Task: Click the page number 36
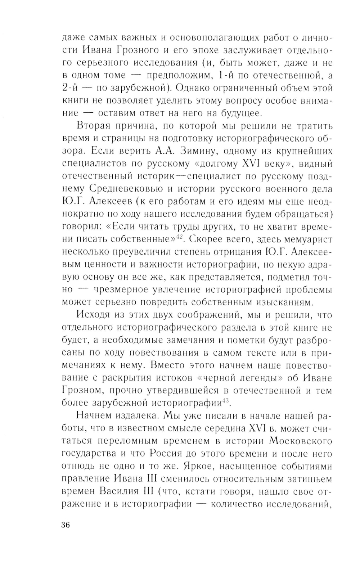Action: [x=65, y=525]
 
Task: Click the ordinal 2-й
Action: [x=71, y=88]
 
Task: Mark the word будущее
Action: [x=239, y=113]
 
